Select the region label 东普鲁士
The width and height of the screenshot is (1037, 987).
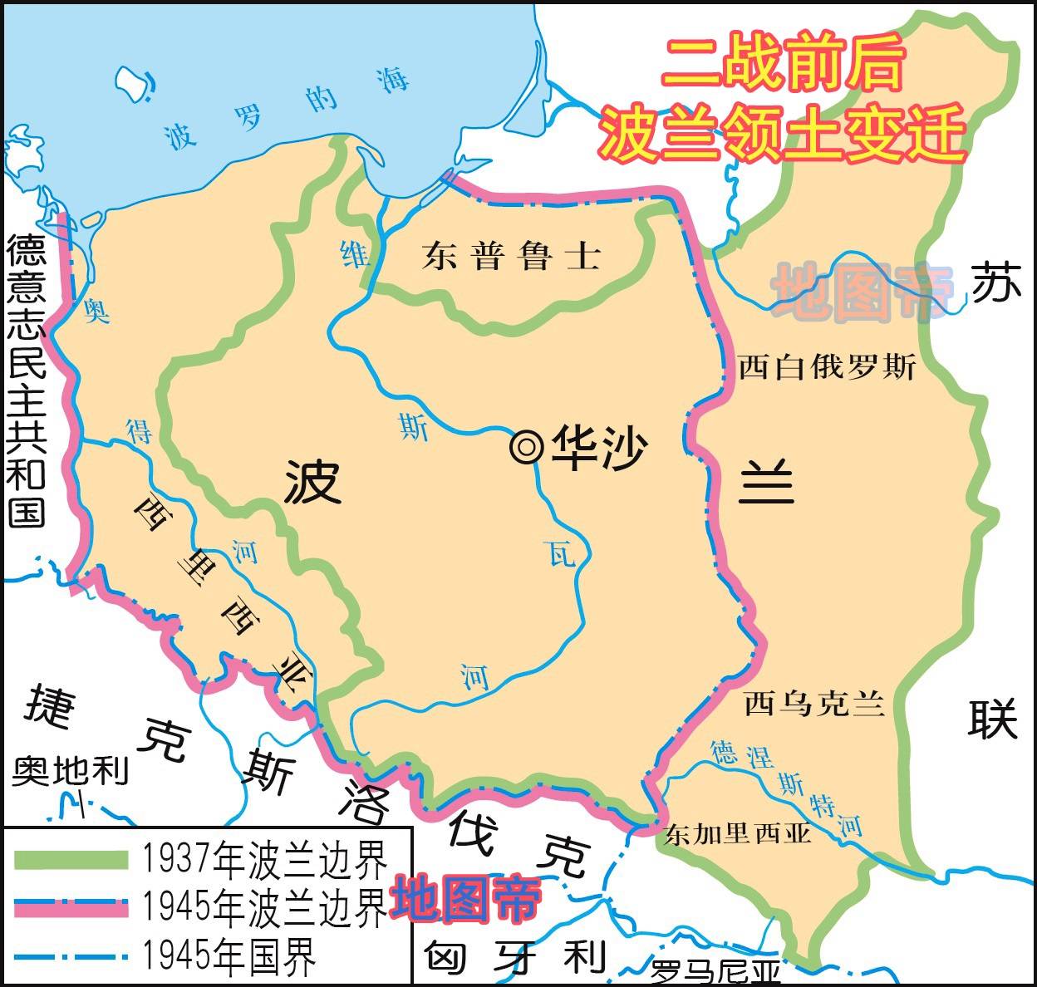coord(511,255)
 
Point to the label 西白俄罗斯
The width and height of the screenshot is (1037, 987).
coord(827,366)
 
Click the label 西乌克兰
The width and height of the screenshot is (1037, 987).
coord(813,705)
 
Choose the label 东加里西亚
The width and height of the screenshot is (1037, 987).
coord(737,833)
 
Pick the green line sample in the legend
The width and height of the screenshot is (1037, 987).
coord(71,860)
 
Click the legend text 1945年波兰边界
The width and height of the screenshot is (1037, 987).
coord(264,907)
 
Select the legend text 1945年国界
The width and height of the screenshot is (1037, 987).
coord(229,957)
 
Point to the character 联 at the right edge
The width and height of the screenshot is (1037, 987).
coord(992,719)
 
